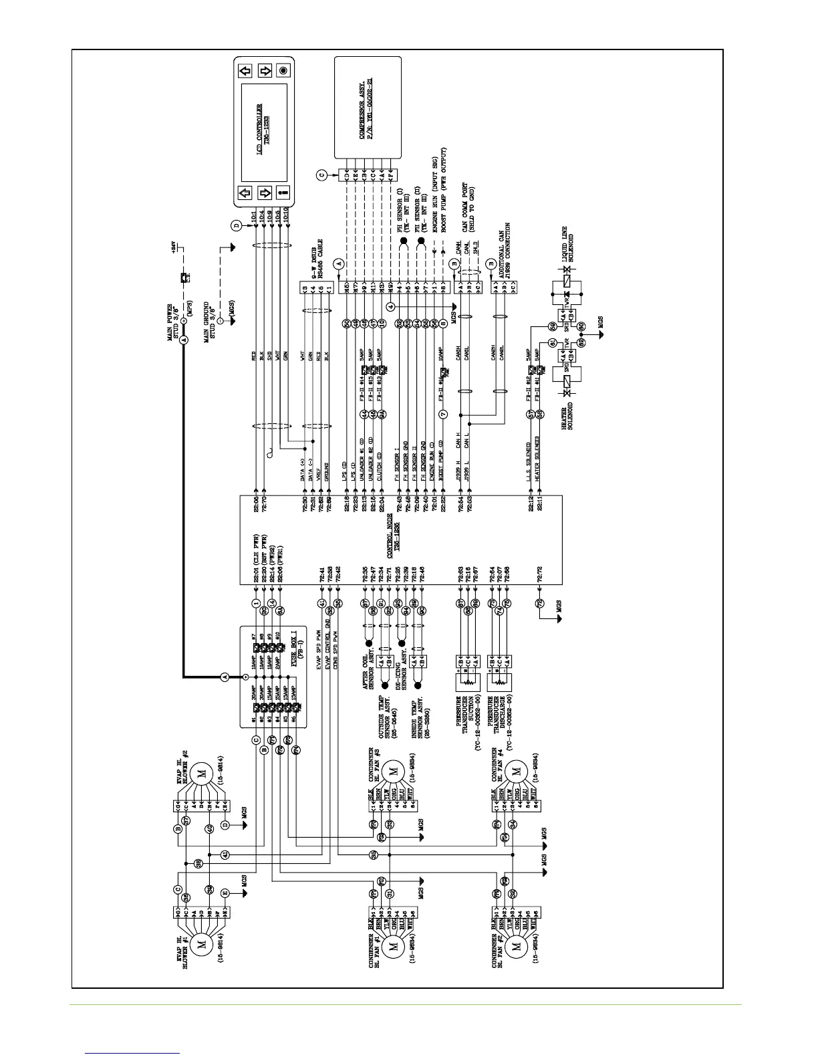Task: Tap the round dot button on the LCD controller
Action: click(283, 70)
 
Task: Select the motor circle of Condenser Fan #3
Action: click(394, 772)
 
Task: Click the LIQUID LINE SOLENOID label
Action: click(568, 247)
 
